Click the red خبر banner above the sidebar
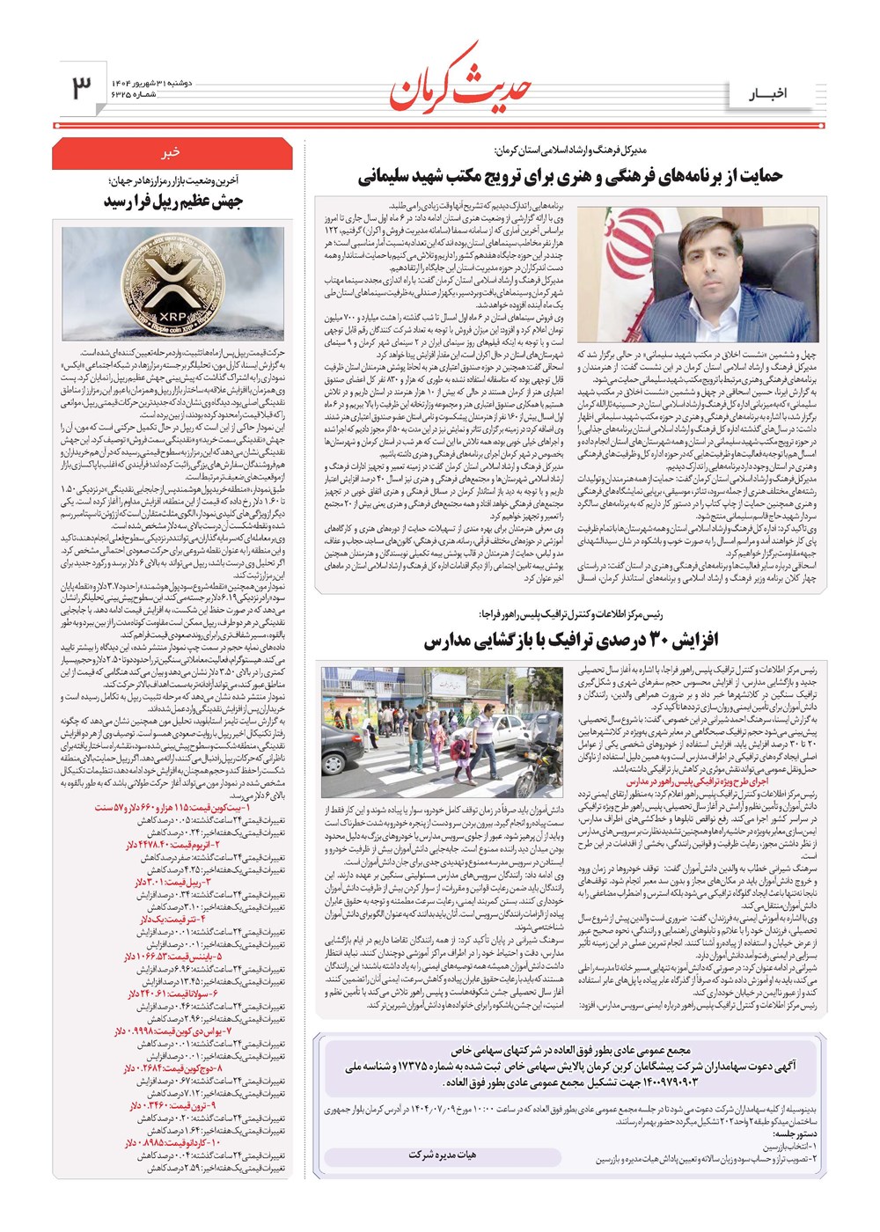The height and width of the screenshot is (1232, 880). [170, 151]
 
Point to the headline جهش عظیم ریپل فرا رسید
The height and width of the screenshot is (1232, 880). [173, 202]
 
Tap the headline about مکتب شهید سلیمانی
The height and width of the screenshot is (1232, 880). [570, 176]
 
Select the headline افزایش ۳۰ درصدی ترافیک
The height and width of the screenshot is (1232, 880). [570, 641]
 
